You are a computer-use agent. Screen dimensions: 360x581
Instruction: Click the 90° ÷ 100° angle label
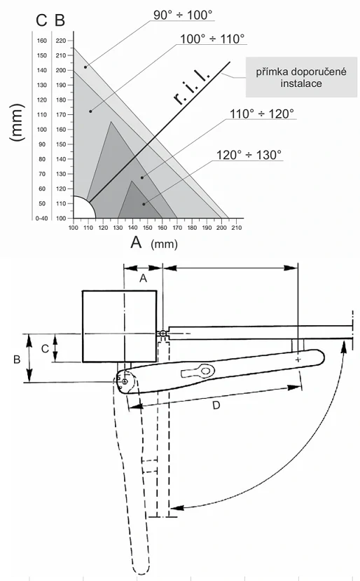pyautogui.click(x=183, y=15)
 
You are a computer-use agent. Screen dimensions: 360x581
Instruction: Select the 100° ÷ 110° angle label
pyautogui.click(x=212, y=39)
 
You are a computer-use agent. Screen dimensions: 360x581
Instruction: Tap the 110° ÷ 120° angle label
pyautogui.click(x=261, y=114)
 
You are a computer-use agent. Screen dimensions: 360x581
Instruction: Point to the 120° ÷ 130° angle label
pyautogui.click(x=249, y=155)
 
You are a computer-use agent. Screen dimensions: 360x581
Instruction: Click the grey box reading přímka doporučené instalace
pyautogui.click(x=301, y=77)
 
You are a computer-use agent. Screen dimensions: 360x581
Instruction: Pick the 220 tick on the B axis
pyautogui.click(x=60, y=41)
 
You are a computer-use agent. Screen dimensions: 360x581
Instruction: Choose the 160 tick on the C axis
pyautogui.click(x=42, y=41)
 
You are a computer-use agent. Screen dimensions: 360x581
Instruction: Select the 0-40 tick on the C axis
pyautogui.click(x=41, y=219)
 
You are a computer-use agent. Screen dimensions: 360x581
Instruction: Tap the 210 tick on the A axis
pyautogui.click(x=236, y=228)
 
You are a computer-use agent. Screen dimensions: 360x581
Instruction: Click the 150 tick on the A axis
pyautogui.click(x=147, y=228)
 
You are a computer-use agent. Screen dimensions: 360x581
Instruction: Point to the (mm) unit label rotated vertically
pyautogui.click(x=18, y=123)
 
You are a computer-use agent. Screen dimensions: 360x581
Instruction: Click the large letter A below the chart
pyautogui.click(x=136, y=242)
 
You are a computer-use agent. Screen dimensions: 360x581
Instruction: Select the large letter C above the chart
pyautogui.click(x=41, y=20)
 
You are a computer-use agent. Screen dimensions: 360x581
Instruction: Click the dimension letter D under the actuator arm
pyautogui.click(x=216, y=405)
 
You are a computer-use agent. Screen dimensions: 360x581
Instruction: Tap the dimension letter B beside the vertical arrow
pyautogui.click(x=17, y=359)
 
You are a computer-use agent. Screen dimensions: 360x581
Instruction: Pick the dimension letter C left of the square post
pyautogui.click(x=45, y=348)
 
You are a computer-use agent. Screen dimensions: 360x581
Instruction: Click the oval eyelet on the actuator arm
pyautogui.click(x=205, y=370)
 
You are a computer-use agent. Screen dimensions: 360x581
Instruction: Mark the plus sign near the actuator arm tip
pyautogui.click(x=298, y=360)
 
